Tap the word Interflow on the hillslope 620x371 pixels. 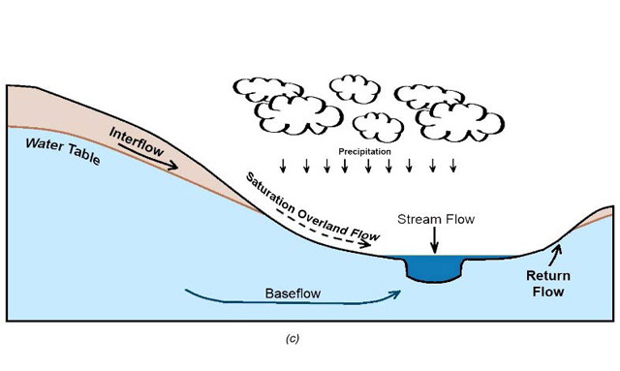tap(137, 143)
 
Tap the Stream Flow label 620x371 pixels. tap(435, 219)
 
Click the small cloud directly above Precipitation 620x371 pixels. tap(375, 125)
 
